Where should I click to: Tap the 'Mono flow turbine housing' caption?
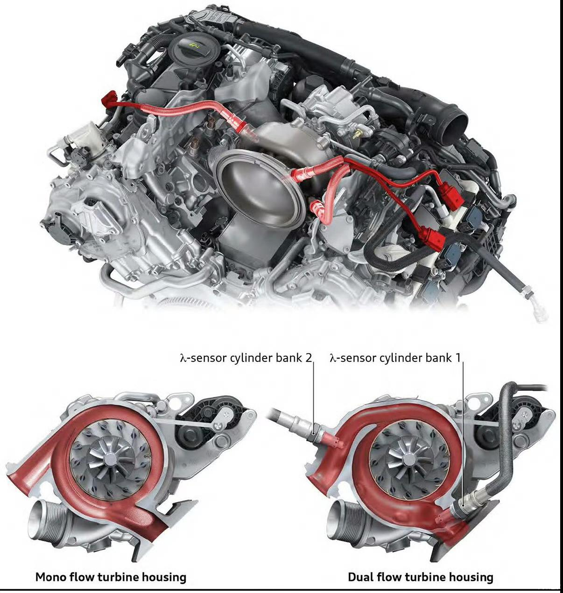[x=111, y=577]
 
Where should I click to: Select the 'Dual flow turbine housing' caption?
[x=420, y=577]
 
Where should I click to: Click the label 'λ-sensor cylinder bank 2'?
[x=246, y=358]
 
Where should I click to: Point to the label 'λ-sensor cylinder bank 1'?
[x=395, y=358]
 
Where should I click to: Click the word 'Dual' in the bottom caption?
[x=360, y=577]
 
